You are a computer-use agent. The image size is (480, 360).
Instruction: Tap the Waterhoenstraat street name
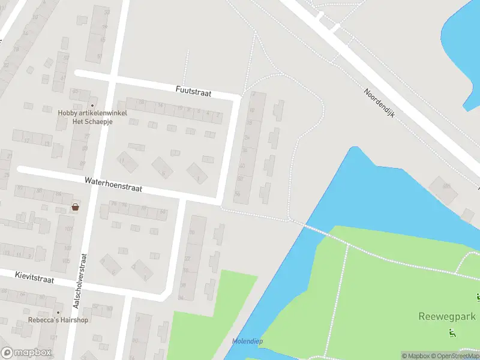click(x=113, y=184)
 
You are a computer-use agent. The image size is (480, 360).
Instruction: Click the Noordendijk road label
click(x=379, y=103)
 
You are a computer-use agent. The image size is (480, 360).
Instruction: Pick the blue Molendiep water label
click(x=247, y=341)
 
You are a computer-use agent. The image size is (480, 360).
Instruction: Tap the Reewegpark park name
click(x=446, y=316)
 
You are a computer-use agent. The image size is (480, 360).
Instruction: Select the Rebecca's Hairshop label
click(x=58, y=320)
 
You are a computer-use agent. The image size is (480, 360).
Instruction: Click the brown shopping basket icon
click(x=75, y=207)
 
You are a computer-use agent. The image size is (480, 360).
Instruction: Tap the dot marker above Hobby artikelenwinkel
click(x=92, y=105)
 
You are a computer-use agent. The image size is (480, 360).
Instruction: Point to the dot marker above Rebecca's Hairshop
click(x=58, y=312)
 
